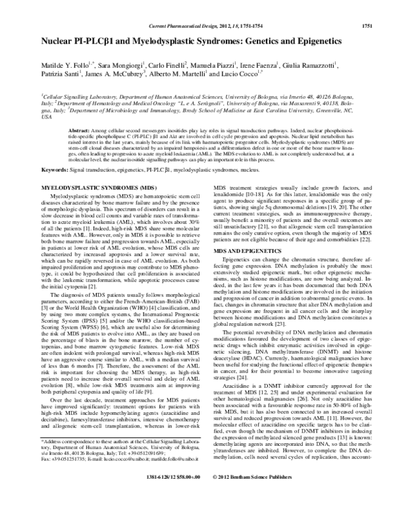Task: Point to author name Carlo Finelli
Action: pyautogui.click(x=168, y=65)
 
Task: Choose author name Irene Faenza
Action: pyautogui.click(x=288, y=65)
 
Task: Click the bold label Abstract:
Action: pyautogui.click(x=80, y=132)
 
